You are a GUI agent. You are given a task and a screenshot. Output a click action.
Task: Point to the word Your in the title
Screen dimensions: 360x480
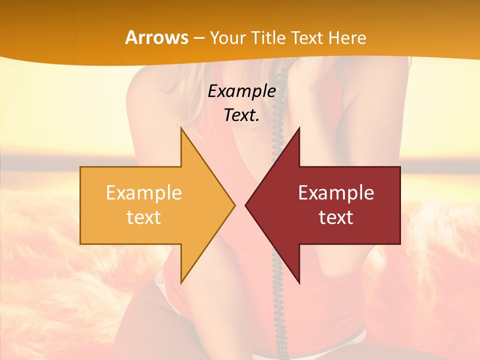[x=228, y=37]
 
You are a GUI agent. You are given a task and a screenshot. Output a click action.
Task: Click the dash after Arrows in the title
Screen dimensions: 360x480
[x=198, y=38]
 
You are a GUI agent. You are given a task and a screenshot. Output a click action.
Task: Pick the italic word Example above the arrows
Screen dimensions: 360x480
[x=242, y=91]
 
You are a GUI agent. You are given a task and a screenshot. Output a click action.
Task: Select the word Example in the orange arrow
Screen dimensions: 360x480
[x=144, y=192]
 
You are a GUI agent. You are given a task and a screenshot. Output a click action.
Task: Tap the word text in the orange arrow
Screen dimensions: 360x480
[x=144, y=217]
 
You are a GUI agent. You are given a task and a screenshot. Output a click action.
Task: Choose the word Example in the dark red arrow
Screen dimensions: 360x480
[x=336, y=192]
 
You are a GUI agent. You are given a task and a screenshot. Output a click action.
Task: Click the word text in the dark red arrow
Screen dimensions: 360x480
[x=336, y=217]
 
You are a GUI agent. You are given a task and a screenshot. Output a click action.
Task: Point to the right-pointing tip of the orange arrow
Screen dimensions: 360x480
[x=234, y=205]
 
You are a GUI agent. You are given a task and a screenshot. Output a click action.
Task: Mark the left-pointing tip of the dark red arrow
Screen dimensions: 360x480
[x=245, y=205]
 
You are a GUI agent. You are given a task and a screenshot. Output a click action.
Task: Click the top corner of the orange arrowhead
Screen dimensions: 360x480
[x=181, y=128]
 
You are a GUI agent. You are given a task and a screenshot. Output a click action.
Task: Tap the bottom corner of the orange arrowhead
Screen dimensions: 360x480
[x=181, y=283]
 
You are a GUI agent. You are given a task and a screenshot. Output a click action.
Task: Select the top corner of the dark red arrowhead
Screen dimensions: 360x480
[x=299, y=128]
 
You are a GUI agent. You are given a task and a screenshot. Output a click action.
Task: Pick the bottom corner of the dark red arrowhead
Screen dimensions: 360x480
[x=299, y=283]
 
